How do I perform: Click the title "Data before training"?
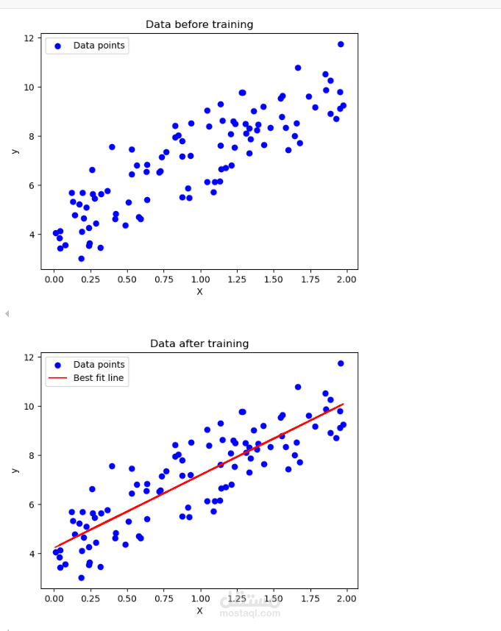[199, 24]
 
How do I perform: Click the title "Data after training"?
[199, 343]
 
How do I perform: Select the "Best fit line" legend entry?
[99, 378]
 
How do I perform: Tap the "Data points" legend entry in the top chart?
[99, 46]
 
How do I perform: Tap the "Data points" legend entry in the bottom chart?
[99, 365]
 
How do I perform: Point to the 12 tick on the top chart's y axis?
[29, 38]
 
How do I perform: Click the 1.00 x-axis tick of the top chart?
[199, 279]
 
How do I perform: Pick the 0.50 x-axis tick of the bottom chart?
[127, 599]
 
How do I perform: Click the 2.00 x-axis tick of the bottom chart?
[347, 599]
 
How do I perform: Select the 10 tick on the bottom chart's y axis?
[29, 407]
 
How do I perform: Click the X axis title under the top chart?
[199, 291]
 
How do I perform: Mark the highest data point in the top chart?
[341, 44]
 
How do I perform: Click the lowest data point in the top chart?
[81, 258]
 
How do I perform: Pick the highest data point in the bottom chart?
[341, 363]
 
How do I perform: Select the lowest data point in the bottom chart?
[81, 577]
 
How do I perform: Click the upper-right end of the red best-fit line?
[343, 404]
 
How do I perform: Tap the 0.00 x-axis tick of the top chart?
[53, 279]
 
